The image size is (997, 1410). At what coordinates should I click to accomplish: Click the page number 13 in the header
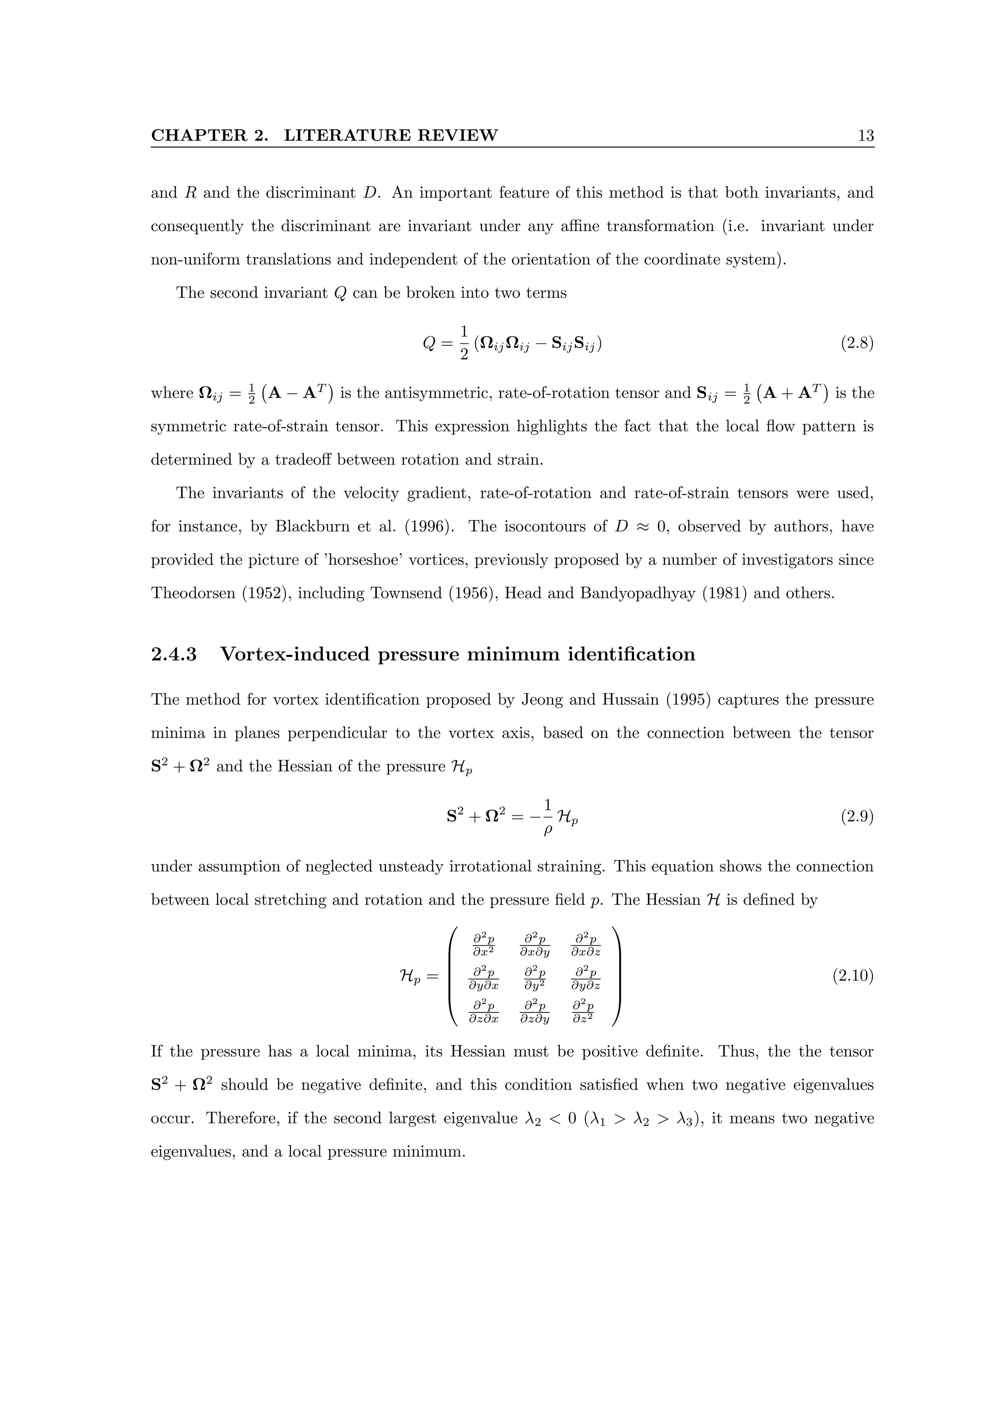tap(865, 136)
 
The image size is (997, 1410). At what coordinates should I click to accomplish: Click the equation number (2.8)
tap(856, 343)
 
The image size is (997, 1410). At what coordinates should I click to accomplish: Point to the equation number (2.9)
tap(856, 817)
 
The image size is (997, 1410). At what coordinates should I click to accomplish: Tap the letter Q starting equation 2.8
tap(429, 344)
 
